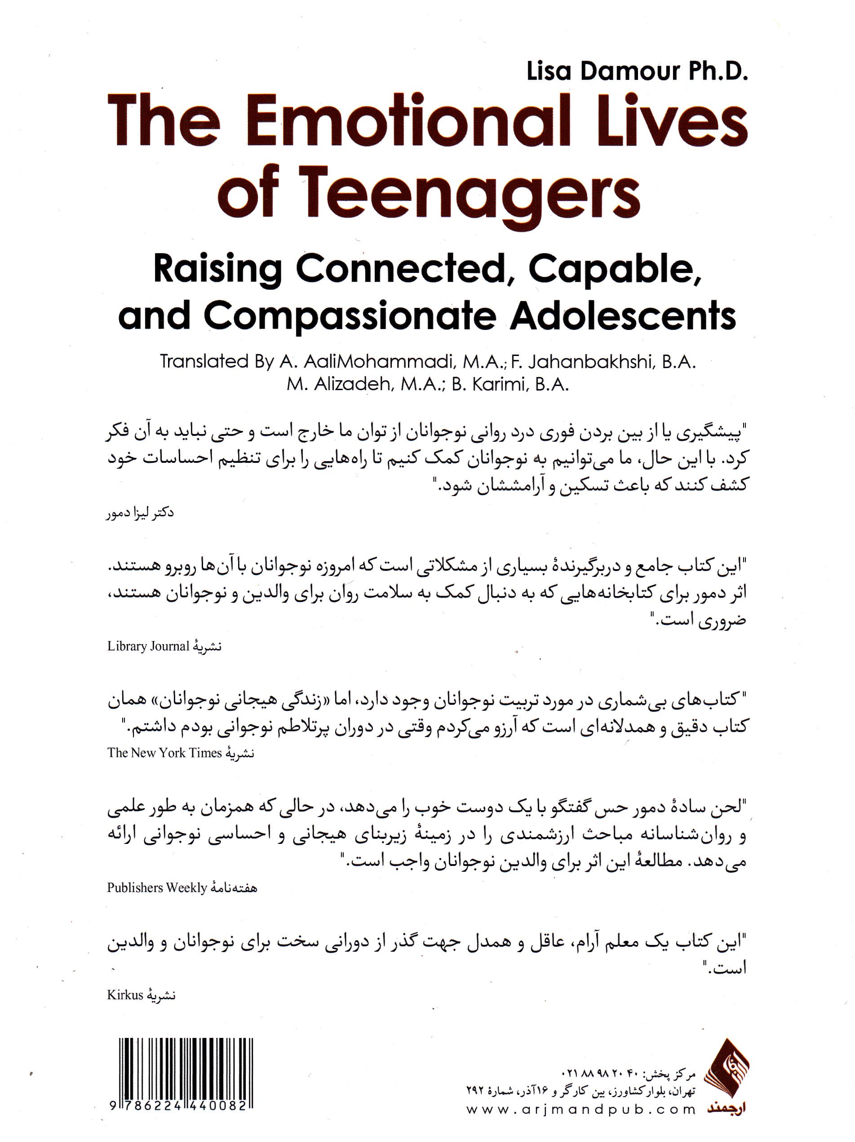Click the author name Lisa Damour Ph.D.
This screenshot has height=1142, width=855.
point(637,72)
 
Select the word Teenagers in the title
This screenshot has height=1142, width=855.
point(469,196)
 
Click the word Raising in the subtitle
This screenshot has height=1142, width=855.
point(217,269)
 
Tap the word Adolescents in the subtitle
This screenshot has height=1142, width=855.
point(623,316)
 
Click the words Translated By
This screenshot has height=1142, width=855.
point(217,362)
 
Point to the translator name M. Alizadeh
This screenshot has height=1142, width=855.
point(339,385)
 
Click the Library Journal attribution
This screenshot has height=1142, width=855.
point(149,646)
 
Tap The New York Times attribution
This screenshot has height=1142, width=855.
point(164,753)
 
